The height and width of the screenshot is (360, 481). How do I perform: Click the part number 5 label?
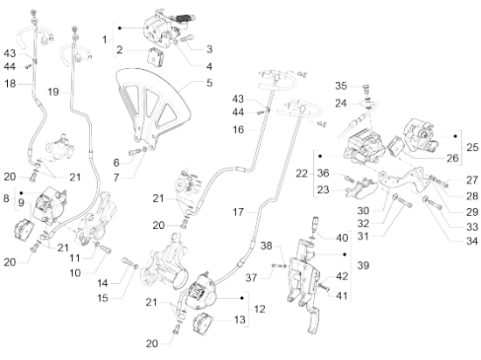(209, 83)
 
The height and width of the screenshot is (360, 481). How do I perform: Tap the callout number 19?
(53, 92)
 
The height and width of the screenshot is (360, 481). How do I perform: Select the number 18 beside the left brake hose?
(10, 83)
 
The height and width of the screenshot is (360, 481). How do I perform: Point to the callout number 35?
(341, 87)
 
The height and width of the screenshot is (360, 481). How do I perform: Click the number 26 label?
(452, 158)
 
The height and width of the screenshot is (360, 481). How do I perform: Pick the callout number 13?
(240, 320)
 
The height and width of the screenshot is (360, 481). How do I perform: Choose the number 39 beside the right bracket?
(363, 266)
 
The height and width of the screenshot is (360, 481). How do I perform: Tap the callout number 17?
(238, 212)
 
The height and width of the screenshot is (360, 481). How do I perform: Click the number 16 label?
(238, 129)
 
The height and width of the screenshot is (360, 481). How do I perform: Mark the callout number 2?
(120, 50)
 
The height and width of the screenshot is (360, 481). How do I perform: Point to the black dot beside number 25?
(456, 136)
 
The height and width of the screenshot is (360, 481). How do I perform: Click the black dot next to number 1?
(120, 28)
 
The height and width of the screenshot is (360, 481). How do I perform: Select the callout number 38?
(266, 246)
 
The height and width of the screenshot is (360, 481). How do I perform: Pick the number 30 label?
(363, 211)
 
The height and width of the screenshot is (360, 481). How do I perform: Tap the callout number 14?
(102, 283)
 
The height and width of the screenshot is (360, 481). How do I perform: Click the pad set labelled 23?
(361, 187)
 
